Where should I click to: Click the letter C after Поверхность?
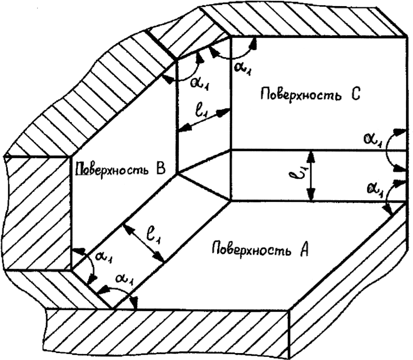(355, 94)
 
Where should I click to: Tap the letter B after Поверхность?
(161, 169)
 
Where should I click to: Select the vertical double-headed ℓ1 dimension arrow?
(311, 176)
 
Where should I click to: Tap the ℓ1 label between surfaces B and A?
(155, 235)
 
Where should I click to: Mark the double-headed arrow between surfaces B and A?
(143, 243)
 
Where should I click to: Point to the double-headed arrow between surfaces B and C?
(203, 120)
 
